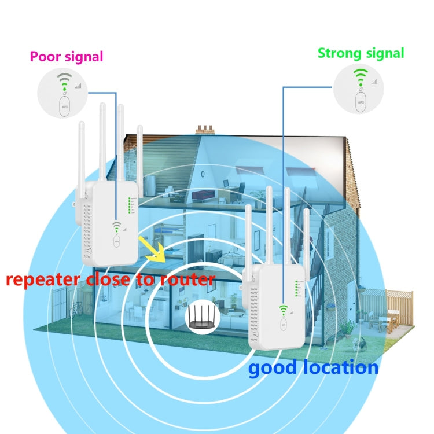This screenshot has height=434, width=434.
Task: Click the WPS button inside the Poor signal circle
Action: tap(65, 106)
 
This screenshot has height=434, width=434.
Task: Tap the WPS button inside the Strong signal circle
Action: tap(361, 103)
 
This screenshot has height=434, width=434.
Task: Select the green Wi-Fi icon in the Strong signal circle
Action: tap(361, 76)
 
